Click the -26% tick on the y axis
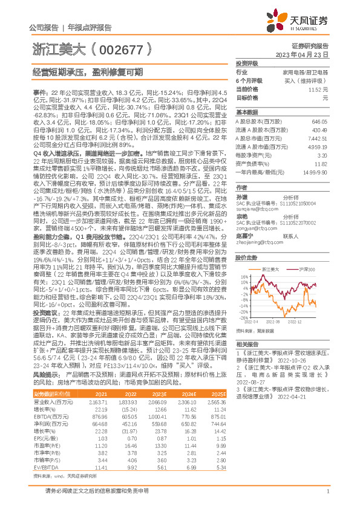click(x=242, y=317)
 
